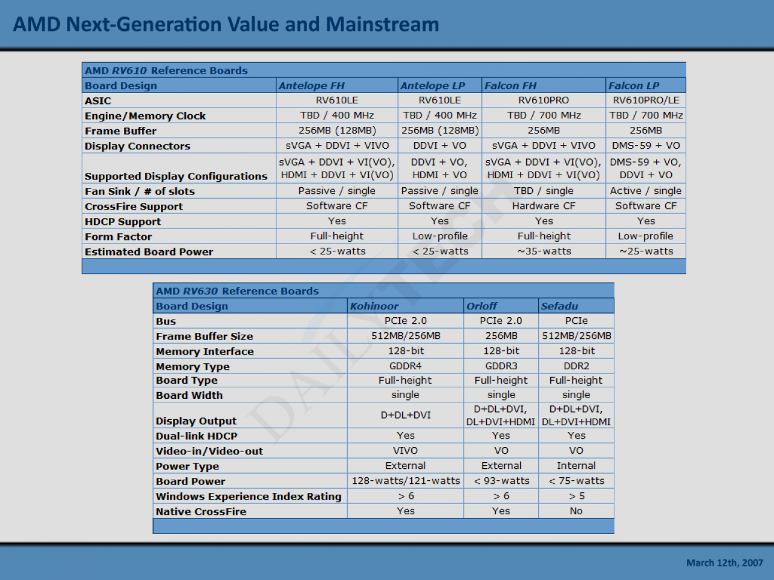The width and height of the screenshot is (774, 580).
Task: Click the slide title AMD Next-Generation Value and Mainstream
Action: tap(226, 24)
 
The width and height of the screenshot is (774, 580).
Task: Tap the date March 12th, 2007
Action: tap(724, 562)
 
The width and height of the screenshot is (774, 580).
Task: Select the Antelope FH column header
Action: tap(311, 86)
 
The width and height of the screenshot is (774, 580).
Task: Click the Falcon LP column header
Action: tap(634, 86)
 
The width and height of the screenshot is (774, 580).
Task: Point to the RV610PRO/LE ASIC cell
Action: tap(646, 100)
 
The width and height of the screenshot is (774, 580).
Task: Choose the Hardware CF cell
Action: tap(544, 206)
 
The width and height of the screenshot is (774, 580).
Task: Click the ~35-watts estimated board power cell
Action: tap(544, 251)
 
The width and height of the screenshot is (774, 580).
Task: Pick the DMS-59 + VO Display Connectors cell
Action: tap(646, 146)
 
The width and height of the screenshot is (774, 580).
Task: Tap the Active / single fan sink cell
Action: tap(646, 191)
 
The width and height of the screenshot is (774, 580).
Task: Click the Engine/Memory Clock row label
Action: tap(145, 116)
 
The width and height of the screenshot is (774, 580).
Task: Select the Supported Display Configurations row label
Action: tap(176, 176)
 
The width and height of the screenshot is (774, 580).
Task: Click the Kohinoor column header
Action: tap(374, 306)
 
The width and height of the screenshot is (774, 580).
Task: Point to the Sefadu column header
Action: tap(559, 306)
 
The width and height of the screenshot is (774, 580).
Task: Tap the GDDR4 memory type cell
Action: tap(405, 366)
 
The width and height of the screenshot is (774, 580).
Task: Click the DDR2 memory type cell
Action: tap(576, 366)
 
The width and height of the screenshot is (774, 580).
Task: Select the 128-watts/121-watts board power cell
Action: tap(406, 481)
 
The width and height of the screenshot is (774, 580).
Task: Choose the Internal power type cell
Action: tap(576, 466)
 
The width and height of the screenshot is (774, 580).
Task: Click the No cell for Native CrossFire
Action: tap(576, 511)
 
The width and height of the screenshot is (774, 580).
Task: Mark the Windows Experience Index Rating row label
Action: tap(249, 496)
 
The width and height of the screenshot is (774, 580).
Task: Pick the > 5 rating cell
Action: tap(576, 496)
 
